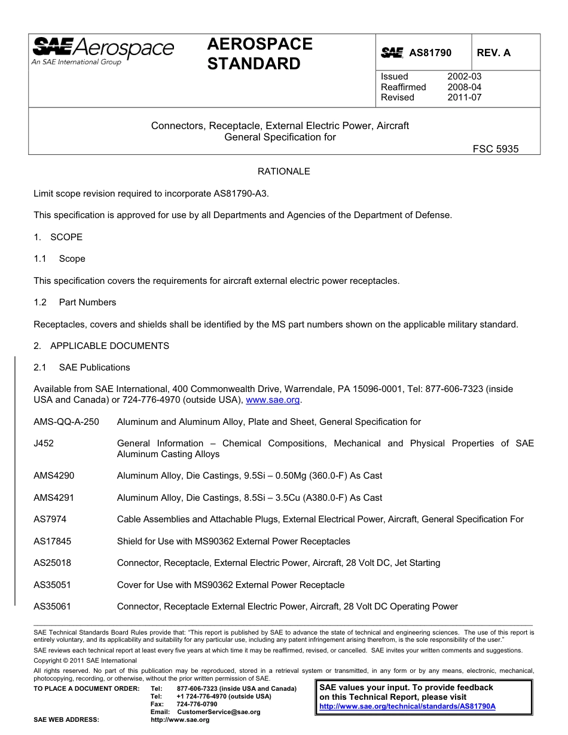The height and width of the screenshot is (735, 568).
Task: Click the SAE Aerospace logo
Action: [x=103, y=51]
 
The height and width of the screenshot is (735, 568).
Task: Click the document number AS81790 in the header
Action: [x=430, y=53]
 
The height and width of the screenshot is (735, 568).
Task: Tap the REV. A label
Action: [x=494, y=53]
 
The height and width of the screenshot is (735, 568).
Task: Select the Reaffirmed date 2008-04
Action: [x=464, y=87]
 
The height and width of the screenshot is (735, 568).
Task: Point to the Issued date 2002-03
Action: [x=464, y=76]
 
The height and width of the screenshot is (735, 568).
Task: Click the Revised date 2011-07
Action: [x=464, y=97]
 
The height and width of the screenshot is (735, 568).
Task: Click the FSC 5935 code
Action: [x=496, y=149]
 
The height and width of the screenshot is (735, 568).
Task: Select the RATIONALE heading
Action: [x=283, y=171]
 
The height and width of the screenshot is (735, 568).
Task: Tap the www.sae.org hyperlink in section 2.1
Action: [x=273, y=400]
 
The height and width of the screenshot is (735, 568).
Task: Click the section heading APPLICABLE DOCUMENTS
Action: [x=109, y=346]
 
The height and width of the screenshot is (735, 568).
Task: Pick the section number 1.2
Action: [x=40, y=302]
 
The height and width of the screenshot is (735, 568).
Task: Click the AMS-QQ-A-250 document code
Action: [x=66, y=422]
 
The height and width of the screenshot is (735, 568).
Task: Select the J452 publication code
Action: [x=44, y=443]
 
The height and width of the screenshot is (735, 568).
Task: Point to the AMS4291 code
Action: [x=54, y=498]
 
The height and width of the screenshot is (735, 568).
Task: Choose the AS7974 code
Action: [x=50, y=519]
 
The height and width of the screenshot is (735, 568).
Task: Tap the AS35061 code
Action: [x=53, y=607]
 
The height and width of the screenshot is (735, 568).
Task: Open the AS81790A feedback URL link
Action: [x=407, y=706]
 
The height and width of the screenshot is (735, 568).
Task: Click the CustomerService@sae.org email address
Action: [x=219, y=712]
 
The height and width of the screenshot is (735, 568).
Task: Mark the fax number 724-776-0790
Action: [x=197, y=704]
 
